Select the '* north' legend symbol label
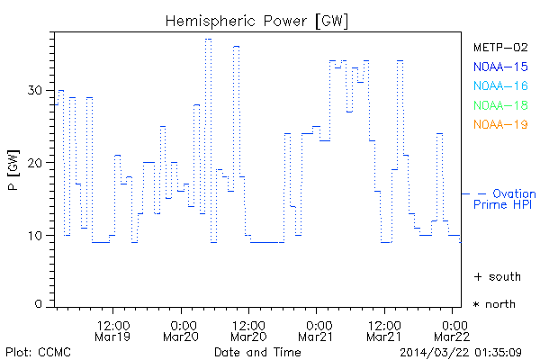(494, 304)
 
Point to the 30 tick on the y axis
(36, 90)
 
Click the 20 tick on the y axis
(36, 163)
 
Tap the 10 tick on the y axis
(36, 236)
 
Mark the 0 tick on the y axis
(40, 304)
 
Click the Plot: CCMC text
(34, 350)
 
